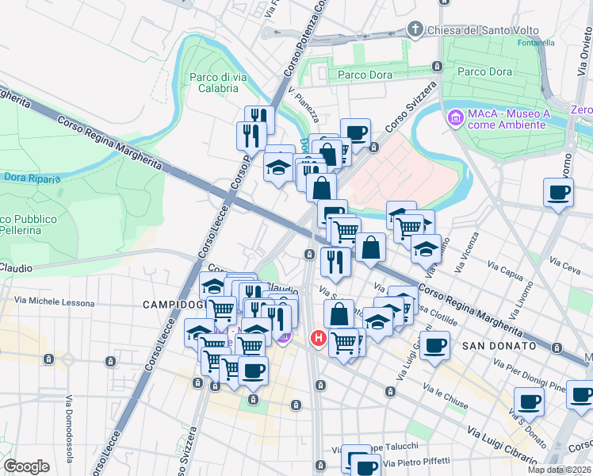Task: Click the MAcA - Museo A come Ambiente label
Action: coord(507,120)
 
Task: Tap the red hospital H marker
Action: coord(319,339)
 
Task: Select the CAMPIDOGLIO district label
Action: coord(172,305)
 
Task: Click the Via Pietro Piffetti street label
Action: coord(416,462)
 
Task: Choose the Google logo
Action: coord(26,466)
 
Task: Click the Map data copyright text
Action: coord(559,470)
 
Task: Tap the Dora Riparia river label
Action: coord(31,178)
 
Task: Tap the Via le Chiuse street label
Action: coord(445,396)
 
